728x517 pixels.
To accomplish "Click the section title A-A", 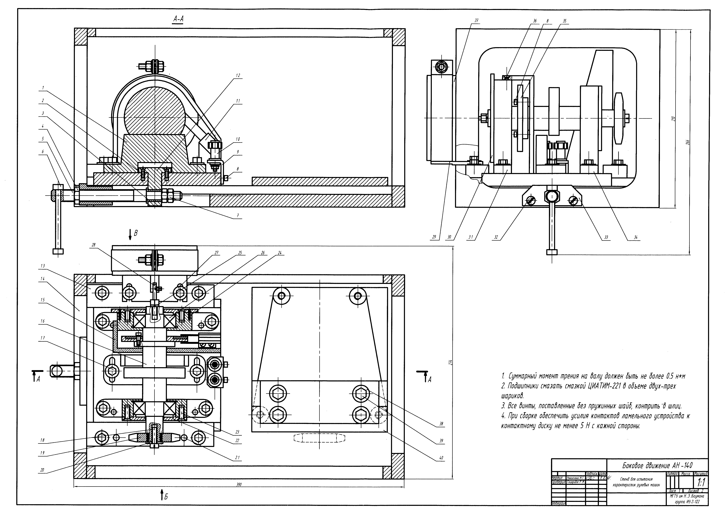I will tap(178, 19).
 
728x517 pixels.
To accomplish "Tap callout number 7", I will tap(238, 215).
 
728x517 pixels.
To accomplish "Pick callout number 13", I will tap(43, 266).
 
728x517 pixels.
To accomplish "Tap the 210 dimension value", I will tap(673, 119).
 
